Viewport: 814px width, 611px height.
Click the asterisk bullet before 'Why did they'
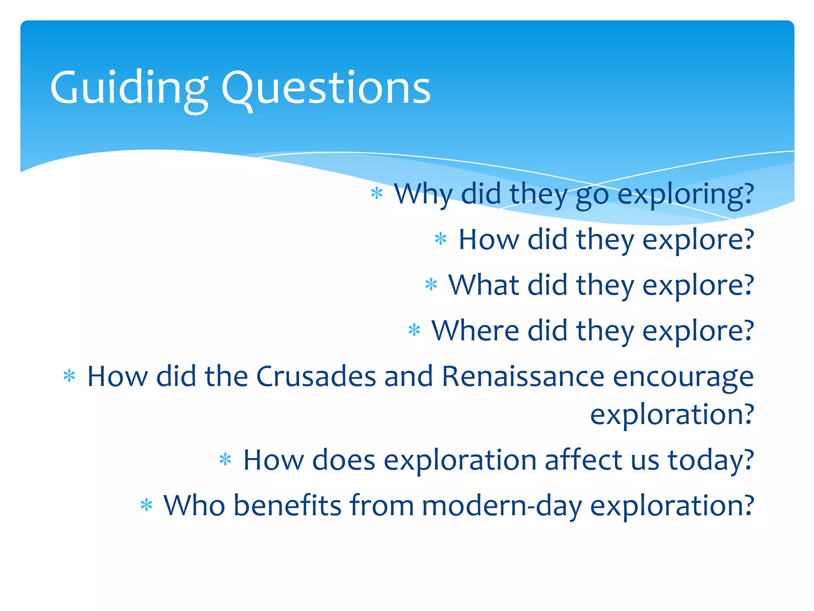[376, 194]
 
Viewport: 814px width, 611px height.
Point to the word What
[483, 285]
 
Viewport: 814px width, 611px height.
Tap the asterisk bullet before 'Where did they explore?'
[414, 330]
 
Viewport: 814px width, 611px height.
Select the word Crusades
[316, 376]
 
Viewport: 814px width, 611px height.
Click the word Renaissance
[523, 376]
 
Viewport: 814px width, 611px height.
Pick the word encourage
[683, 376]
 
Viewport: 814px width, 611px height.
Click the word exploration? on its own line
[672, 414]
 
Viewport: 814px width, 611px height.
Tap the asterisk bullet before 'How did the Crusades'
[69, 376]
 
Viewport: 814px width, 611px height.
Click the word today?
[711, 460]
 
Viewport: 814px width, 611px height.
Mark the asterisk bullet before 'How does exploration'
[225, 459]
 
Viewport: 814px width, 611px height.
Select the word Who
[194, 506]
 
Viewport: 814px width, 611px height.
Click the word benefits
[287, 506]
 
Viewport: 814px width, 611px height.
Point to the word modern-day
[501, 506]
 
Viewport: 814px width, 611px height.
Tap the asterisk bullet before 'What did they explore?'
[431, 285]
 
